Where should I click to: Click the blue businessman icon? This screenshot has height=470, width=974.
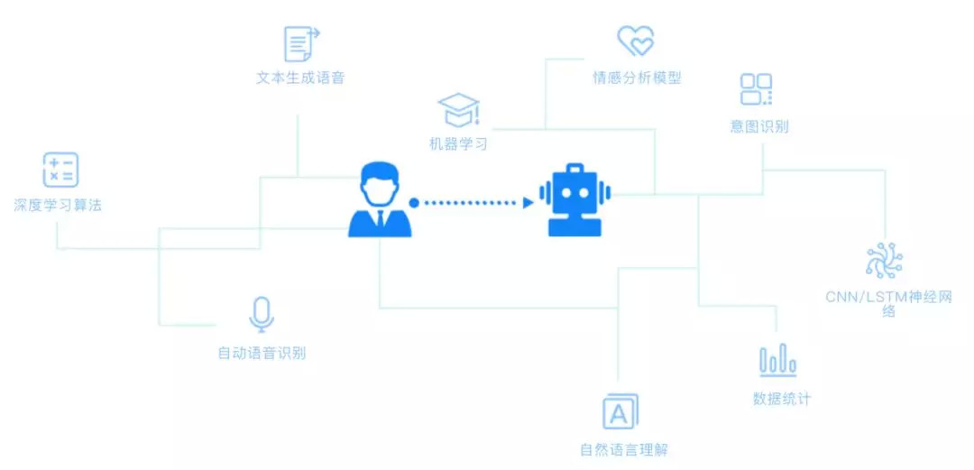(x=380, y=199)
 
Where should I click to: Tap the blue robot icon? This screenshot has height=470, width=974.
(x=574, y=199)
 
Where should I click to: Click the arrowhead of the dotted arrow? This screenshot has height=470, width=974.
(x=528, y=202)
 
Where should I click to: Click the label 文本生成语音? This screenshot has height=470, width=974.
(x=300, y=78)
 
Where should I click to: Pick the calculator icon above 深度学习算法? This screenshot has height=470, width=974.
(x=60, y=170)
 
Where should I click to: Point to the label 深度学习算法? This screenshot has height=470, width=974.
(x=58, y=205)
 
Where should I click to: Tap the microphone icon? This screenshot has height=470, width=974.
(x=262, y=314)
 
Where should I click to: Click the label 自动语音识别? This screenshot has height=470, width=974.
(x=262, y=353)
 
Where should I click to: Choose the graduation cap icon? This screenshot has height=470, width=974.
(x=459, y=110)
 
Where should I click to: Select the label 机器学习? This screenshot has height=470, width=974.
(x=458, y=143)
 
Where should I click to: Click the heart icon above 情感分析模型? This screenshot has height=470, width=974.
(x=635, y=41)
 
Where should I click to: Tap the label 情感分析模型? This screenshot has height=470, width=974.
(x=637, y=78)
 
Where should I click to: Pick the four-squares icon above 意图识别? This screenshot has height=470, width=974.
(x=756, y=89)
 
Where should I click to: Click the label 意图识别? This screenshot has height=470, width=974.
(x=759, y=126)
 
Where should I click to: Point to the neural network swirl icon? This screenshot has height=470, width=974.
(x=884, y=260)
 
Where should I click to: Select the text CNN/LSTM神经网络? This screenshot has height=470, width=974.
(x=888, y=303)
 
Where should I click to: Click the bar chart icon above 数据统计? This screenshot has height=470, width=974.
(x=777, y=361)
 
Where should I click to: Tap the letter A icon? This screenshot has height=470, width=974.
(x=620, y=412)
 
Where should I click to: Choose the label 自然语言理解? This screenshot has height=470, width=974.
(x=624, y=449)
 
